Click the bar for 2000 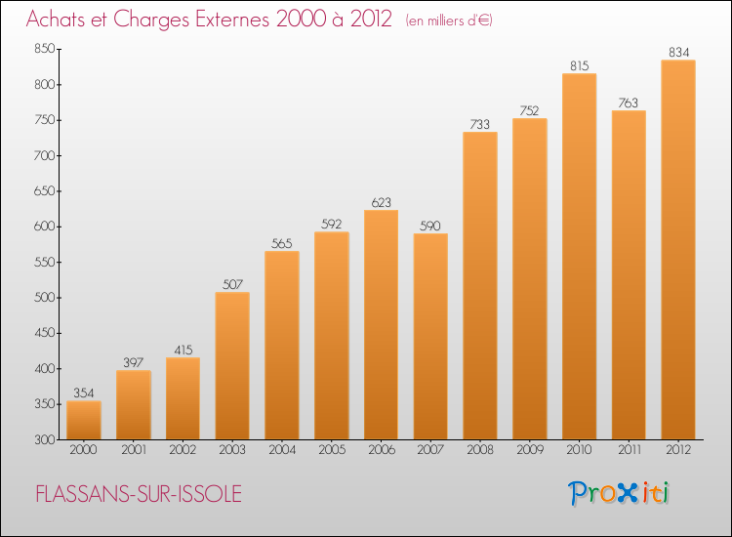tap(84, 420)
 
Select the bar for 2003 tap(232, 366)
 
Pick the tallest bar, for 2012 tap(678, 249)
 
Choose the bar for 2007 tap(430, 337)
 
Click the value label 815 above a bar tap(579, 66)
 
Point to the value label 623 tap(381, 203)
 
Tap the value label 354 tap(84, 393)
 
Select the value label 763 tap(629, 103)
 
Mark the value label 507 tap(232, 285)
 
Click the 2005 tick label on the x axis tap(331, 450)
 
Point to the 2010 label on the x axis tap(579, 450)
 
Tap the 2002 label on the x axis tap(183, 450)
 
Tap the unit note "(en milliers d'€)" tap(449, 21)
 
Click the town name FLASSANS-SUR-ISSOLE tap(138, 494)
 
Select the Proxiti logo tap(619, 493)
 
